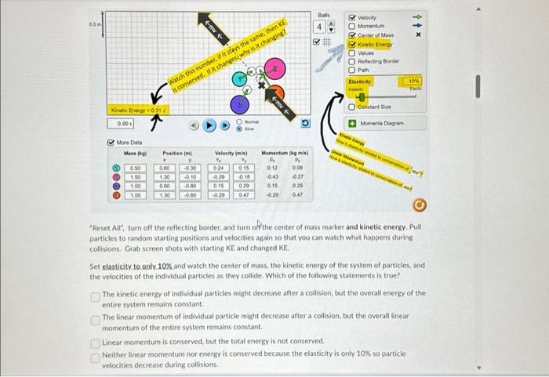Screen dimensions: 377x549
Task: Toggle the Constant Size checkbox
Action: (352, 106)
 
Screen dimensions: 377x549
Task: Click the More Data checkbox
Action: (111, 143)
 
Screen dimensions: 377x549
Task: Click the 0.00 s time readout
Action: (122, 124)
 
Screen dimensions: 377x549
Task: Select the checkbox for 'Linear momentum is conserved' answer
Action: (96, 343)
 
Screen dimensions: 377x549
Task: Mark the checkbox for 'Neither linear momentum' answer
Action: (96, 354)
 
